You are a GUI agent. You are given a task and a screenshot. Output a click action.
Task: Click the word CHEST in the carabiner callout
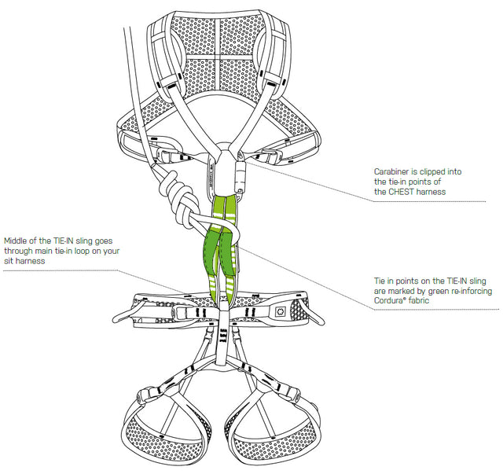[x=402, y=192]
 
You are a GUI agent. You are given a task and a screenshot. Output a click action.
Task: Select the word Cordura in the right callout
[x=388, y=301]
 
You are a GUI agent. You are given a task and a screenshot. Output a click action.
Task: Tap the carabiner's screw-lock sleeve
[x=240, y=176]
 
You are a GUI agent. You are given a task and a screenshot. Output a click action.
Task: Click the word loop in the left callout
[x=82, y=251]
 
